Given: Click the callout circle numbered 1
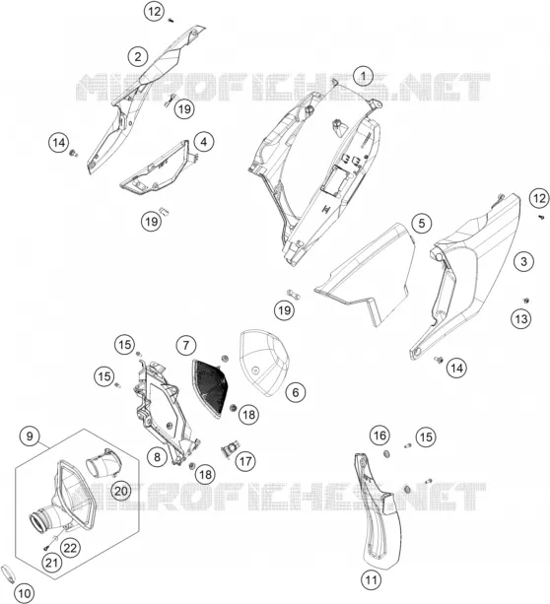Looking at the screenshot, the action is coord(363,76).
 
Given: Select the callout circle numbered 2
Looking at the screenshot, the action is coord(138,57).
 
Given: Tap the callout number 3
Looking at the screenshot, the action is coord(523,261).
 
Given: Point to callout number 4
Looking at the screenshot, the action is coord(203,142).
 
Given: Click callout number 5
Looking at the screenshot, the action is coord(421,223).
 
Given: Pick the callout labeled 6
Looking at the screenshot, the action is coord(296,392).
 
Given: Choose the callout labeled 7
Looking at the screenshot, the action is coord(185,345).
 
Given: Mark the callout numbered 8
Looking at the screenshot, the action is coord(158,457).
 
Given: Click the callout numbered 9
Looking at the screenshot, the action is coord(30,436).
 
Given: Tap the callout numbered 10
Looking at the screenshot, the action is coord(24,593).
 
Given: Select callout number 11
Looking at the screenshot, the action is coord(372,579).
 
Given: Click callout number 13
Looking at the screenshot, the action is coord(521,319).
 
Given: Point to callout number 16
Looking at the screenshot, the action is coord(379,436).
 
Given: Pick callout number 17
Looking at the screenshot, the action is coord(245,461).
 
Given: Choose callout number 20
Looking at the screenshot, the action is coord(120,491).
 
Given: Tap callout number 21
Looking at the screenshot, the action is coord(51,563).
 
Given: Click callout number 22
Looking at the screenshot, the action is coord(70,548).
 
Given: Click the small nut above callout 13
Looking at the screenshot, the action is coord(525,301).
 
